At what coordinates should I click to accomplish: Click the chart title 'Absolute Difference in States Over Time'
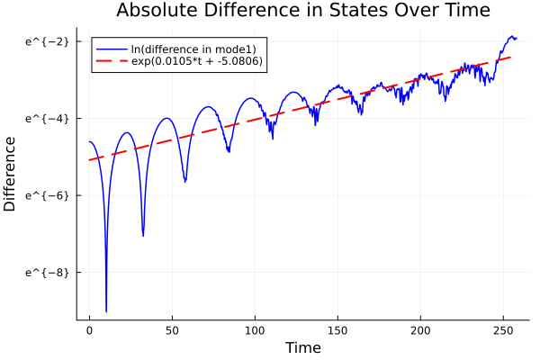click(302, 11)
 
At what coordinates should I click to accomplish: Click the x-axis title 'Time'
click(302, 347)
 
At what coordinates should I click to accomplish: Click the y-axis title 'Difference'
click(11, 174)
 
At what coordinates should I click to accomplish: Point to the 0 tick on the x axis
click(89, 330)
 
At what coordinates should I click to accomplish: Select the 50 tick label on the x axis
click(172, 330)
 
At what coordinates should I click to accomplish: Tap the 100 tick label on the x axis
click(255, 330)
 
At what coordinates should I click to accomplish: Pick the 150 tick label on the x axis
click(337, 330)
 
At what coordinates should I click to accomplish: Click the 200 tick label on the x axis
click(420, 330)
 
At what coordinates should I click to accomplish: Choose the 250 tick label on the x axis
click(503, 330)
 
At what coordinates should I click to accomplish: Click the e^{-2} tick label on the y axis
click(45, 41)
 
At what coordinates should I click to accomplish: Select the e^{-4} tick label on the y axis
click(45, 118)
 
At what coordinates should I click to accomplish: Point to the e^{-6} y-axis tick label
click(45, 194)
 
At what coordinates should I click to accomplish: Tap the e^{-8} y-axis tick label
click(45, 272)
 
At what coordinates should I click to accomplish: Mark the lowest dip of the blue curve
click(106, 311)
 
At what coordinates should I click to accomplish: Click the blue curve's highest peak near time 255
click(512, 37)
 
